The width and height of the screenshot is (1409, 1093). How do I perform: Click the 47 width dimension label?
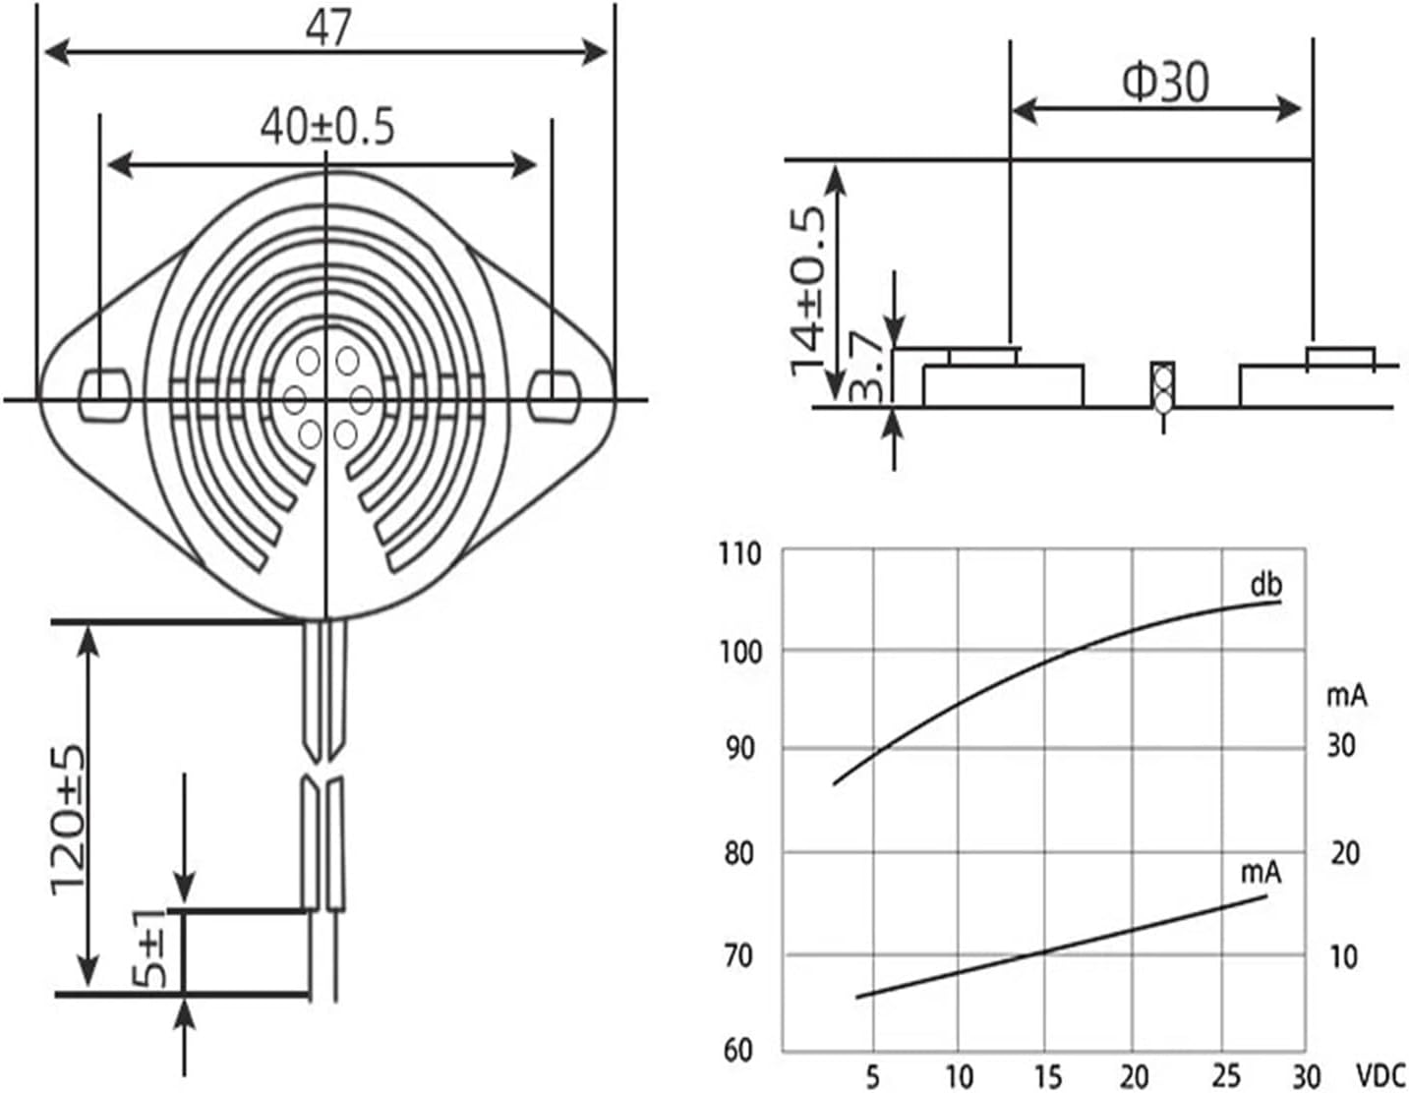coord(328,28)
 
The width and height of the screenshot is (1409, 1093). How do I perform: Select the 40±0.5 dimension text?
coord(327,127)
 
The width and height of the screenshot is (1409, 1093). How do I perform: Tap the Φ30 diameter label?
coord(1165,84)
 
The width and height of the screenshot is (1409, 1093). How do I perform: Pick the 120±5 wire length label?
coord(68,821)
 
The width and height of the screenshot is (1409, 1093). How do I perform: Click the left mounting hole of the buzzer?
coord(104,394)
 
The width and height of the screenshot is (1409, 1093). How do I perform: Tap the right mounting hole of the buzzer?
coord(554,394)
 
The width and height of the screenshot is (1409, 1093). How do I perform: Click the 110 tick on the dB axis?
coord(739,554)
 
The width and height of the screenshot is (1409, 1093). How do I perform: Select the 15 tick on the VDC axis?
coord(1048,1077)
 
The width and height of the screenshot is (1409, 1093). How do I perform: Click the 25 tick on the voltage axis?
coord(1225,1077)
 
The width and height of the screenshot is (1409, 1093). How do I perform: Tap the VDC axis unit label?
coord(1380,1076)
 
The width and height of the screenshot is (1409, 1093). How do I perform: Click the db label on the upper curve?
coord(1266,586)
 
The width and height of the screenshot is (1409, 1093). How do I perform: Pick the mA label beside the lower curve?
coord(1262,873)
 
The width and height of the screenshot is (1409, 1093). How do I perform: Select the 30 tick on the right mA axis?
coord(1341,746)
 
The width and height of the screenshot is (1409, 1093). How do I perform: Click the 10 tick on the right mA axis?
coord(1343,957)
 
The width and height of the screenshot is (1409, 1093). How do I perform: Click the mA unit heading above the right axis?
coord(1347,696)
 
